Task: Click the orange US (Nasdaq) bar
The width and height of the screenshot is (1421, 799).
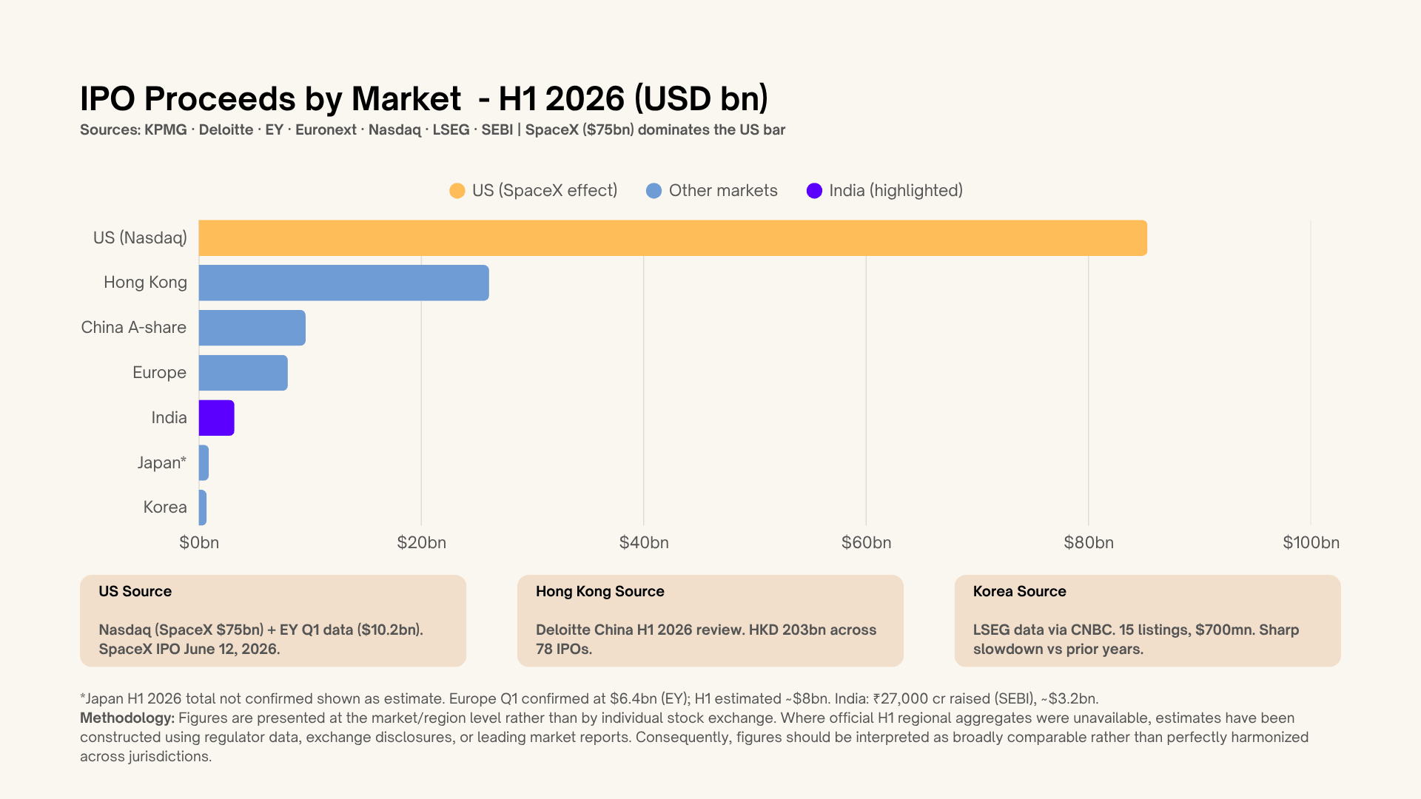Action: click(x=673, y=238)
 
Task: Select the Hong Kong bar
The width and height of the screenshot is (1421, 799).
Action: click(x=344, y=283)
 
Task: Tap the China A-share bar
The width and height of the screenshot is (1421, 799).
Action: click(x=252, y=328)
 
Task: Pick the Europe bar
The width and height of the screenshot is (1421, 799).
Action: click(x=243, y=373)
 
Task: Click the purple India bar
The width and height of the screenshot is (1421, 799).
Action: click(x=217, y=418)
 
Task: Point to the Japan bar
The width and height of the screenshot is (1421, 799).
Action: click(x=204, y=463)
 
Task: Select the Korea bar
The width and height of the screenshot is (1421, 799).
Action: click(x=203, y=508)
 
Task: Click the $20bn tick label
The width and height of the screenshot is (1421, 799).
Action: click(x=422, y=542)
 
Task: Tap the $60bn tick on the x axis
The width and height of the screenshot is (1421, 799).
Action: click(x=866, y=542)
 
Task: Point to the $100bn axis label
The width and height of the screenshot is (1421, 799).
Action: click(x=1311, y=542)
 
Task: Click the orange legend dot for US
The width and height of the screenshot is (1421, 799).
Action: click(x=457, y=191)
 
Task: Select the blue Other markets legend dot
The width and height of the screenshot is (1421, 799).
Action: click(x=654, y=191)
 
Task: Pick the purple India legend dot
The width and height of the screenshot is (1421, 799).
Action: click(x=814, y=191)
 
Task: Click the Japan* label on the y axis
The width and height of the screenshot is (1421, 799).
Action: click(x=162, y=463)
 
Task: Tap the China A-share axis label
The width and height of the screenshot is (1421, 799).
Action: click(x=134, y=327)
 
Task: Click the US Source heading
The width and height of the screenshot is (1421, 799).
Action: click(x=135, y=591)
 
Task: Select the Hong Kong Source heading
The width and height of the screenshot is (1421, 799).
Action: click(x=600, y=591)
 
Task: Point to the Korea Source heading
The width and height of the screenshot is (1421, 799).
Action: click(x=1019, y=591)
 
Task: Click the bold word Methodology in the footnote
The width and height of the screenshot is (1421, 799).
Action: click(x=127, y=718)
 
